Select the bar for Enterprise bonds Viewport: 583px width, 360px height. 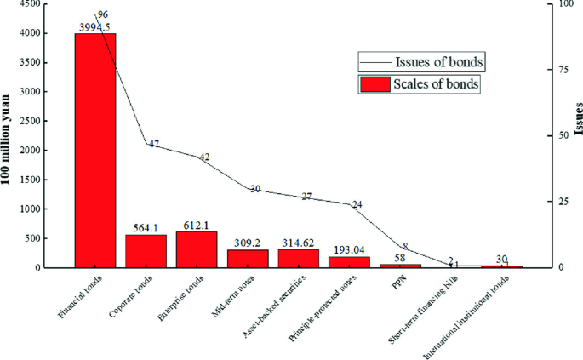pyautogui.click(x=197, y=249)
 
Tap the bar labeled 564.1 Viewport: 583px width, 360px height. pyautogui.click(x=146, y=251)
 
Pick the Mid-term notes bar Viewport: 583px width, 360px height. pyautogui.click(x=248, y=259)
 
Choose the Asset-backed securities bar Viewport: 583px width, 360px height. pyautogui.click(x=299, y=259)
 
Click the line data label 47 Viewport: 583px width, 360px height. pyautogui.click(x=154, y=144)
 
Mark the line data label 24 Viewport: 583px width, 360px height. pyautogui.click(x=357, y=204)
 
